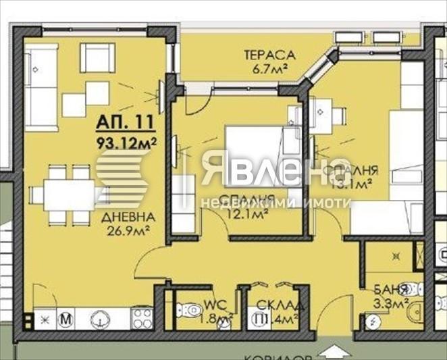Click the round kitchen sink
(x=101, y=317)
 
